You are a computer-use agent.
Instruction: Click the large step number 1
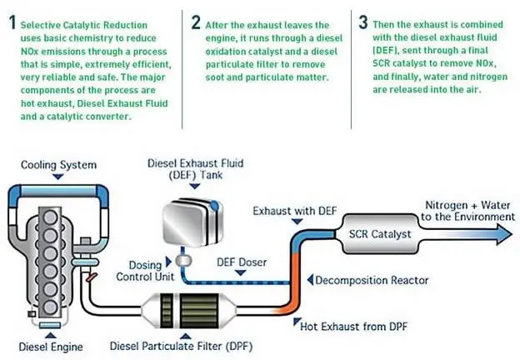coord(12,23)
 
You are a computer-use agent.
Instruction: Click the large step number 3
coord(363,22)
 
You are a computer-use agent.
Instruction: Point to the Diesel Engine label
coord(42,344)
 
